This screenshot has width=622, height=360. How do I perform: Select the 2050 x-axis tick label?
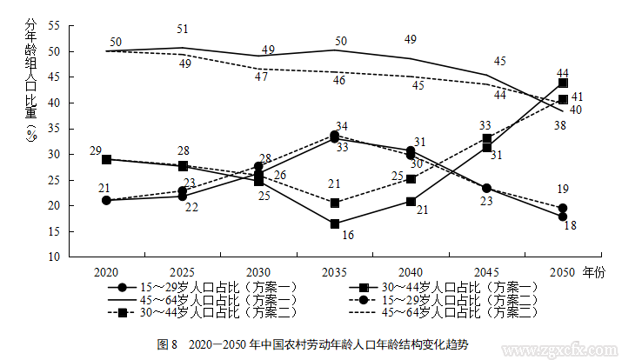pyautogui.click(x=562, y=271)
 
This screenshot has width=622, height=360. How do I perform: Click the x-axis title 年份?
pyautogui.click(x=593, y=271)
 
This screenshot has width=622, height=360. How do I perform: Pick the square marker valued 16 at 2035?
pyautogui.click(x=334, y=224)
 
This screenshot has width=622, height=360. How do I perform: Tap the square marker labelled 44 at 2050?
pyautogui.click(x=563, y=83)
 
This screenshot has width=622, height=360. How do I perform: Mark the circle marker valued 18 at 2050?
pyautogui.click(x=563, y=217)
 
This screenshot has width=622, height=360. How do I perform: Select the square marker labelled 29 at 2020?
pyautogui.click(x=107, y=160)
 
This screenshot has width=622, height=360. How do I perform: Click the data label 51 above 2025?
pyautogui.click(x=183, y=30)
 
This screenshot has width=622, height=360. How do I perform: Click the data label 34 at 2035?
pyautogui.click(x=341, y=127)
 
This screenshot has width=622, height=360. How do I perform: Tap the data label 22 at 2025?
pyautogui.click(x=191, y=207)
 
